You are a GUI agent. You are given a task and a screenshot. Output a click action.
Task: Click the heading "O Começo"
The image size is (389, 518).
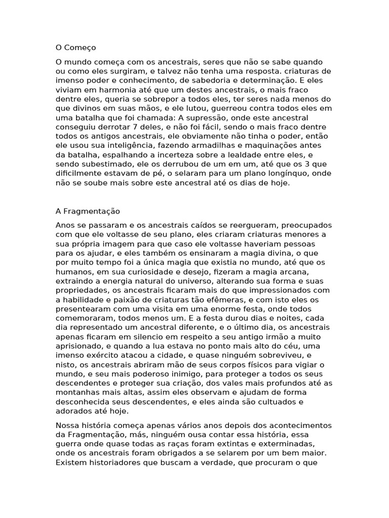click(75, 48)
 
